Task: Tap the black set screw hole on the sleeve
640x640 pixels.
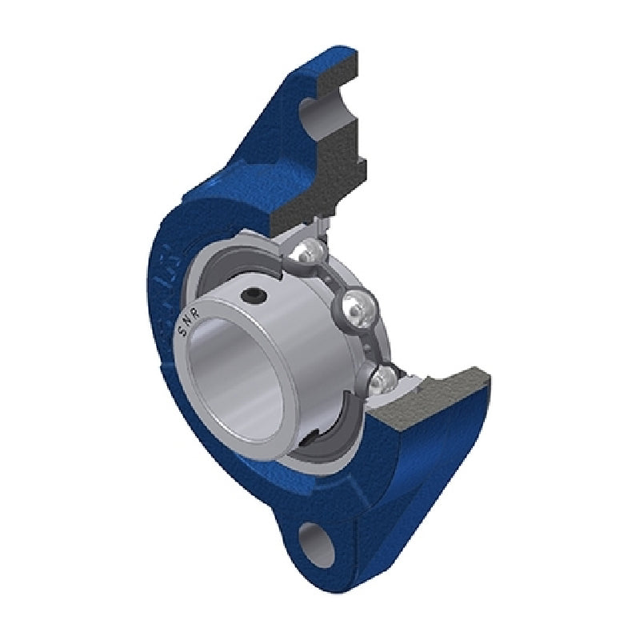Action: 256,297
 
